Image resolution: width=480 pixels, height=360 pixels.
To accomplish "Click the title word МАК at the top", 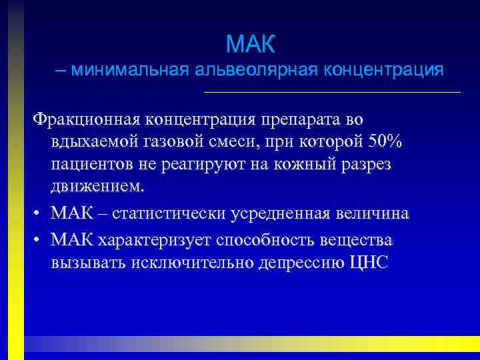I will (250, 45).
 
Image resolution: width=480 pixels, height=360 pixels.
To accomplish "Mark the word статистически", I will (170, 214).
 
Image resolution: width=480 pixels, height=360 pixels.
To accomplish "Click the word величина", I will (377, 214).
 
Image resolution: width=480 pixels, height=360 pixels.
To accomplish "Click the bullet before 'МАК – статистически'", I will (37, 215).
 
